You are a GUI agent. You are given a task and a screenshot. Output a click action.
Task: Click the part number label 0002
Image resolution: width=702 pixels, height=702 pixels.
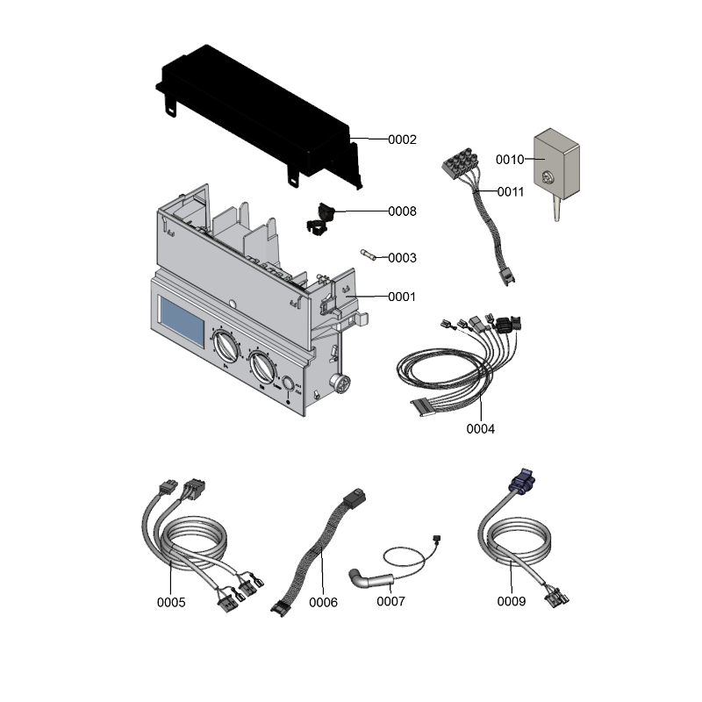tap(402, 140)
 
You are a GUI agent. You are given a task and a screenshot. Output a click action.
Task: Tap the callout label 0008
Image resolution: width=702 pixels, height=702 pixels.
tap(402, 211)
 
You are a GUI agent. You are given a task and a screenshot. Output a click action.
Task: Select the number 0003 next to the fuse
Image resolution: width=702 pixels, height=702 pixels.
tap(402, 258)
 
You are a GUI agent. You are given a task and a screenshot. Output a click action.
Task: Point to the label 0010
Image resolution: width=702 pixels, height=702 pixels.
tap(510, 160)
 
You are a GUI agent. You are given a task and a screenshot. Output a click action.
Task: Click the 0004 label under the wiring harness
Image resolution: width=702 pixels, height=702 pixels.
tap(480, 429)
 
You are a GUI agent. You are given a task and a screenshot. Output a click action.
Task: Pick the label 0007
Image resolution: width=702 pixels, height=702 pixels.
tap(390, 601)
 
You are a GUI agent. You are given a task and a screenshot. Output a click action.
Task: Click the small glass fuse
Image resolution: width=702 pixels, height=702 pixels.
tap(368, 254)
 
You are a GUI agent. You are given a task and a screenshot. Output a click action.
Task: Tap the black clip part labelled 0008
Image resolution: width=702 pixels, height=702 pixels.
tap(320, 219)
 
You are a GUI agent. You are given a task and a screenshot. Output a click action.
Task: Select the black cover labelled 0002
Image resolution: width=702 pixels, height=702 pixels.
tap(259, 118)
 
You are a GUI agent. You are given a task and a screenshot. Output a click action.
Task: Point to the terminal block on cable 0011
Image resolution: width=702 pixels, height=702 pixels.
tap(459, 161)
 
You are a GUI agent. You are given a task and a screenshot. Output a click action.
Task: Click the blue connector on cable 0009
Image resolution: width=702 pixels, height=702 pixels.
tap(522, 481)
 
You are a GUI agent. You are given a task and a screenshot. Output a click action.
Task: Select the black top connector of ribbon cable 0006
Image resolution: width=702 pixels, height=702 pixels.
tap(355, 497)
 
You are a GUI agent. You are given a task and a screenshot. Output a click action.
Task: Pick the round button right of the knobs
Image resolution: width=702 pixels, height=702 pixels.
tap(289, 384)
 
